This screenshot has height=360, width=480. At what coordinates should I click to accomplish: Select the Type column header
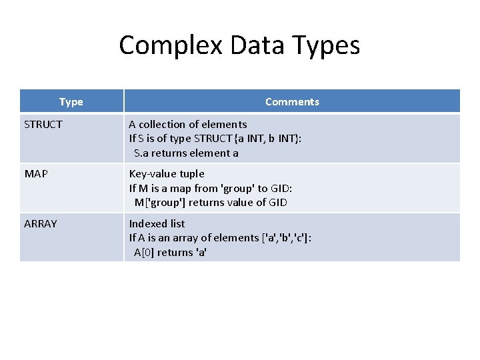pos(71,101)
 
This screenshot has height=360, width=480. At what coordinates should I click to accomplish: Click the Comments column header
pos(292,101)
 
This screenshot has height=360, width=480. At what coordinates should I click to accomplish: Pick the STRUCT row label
pos(43,124)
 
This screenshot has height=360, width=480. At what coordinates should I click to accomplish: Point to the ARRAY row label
pos(41,223)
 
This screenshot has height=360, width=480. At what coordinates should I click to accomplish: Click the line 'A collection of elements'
pos(188,124)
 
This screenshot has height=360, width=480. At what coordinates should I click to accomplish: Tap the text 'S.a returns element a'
pos(186,153)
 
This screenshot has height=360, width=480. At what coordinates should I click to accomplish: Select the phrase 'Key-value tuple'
pos(167,173)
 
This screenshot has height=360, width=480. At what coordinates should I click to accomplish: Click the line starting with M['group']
pos(211,203)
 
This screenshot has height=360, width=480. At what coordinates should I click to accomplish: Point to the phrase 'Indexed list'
pos(157,223)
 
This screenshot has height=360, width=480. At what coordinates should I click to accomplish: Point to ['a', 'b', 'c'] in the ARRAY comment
pos(283,238)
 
